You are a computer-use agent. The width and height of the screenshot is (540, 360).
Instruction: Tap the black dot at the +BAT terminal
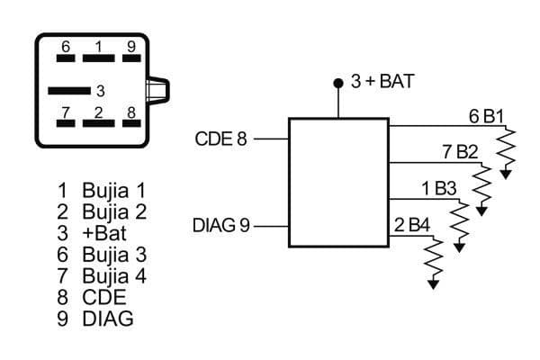pyautogui.click(x=338, y=83)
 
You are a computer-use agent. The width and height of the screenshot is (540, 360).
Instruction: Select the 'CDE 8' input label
pyautogui.click(x=220, y=139)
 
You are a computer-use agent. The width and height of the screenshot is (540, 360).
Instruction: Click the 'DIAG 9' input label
pyautogui.click(x=221, y=224)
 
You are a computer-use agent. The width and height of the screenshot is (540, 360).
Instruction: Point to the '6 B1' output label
pyautogui.click(x=485, y=116)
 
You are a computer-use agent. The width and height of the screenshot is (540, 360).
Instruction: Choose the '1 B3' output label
pyautogui.click(x=438, y=188)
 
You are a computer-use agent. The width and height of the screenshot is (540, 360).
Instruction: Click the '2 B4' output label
pyautogui.click(x=411, y=224)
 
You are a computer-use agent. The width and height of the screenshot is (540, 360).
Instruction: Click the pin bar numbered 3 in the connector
pyautogui.click(x=69, y=90)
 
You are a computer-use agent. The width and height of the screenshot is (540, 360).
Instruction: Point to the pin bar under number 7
pyautogui.click(x=66, y=123)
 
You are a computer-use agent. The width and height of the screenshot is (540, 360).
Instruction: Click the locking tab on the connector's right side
pyautogui.click(x=158, y=91)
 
